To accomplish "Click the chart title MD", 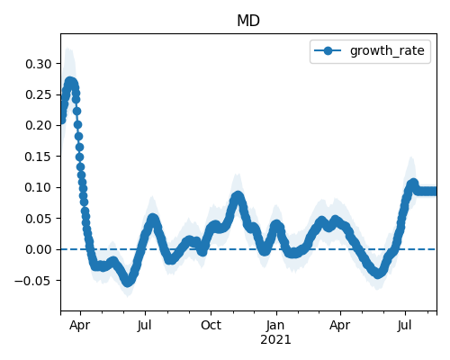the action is pos(248,21).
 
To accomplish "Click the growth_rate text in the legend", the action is pos(387,51).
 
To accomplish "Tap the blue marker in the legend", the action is pos(328,50).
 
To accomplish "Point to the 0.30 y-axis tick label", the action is pos(39,64).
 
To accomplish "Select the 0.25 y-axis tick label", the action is pos(39,94).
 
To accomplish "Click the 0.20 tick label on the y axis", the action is pos(39,125).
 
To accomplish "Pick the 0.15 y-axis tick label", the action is pos(39,157).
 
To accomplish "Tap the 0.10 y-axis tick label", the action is pos(39,187).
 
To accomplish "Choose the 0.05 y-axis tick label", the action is pos(39,219).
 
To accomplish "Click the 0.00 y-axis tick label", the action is pos(39,249).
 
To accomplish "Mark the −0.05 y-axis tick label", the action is pos(33,281).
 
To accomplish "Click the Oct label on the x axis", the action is pos(211,325).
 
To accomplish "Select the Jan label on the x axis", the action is pos(275,325).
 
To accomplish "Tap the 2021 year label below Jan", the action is pos(275,340).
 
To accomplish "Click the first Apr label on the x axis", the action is pos(80,326).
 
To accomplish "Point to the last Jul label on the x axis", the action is pos(405,325).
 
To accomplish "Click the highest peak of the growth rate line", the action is pos(70,82).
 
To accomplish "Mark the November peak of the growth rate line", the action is pos(238,196).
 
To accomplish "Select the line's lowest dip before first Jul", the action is pos(128,282).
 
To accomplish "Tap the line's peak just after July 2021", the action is pos(413,183).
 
